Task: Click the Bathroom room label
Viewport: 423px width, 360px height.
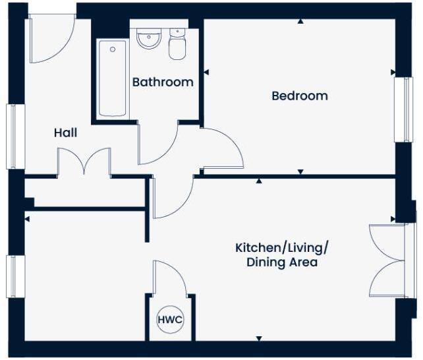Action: [x=163, y=82]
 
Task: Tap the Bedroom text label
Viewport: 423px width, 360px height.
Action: [x=300, y=96]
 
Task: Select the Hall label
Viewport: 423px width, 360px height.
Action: [x=65, y=133]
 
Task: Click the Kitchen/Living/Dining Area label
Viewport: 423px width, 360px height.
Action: [x=282, y=255]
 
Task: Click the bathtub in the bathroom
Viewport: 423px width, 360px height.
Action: [x=113, y=78]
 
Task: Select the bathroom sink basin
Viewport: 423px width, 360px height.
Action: [x=149, y=39]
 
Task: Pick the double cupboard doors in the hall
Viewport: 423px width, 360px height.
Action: [x=84, y=162]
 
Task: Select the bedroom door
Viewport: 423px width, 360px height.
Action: [x=221, y=149]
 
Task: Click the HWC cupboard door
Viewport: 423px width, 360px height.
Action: [x=169, y=278]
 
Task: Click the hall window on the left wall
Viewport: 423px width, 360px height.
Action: [x=11, y=136]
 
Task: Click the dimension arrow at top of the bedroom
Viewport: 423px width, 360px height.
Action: [x=300, y=22]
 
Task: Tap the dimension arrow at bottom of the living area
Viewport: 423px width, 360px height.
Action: [x=258, y=339]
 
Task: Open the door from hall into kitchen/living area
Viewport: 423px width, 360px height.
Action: [x=171, y=197]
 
